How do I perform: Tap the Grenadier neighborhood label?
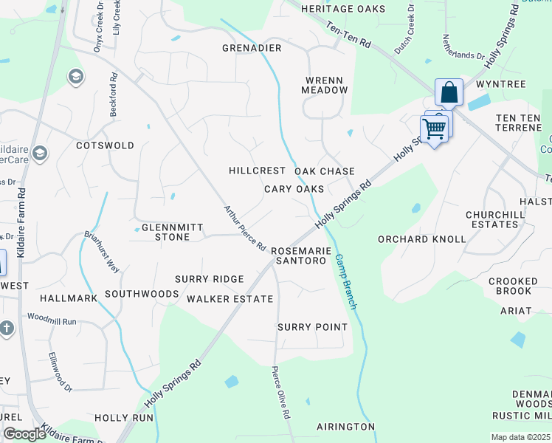[x=252, y=48]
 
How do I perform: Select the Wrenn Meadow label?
[x=324, y=84]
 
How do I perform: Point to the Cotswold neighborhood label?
[x=106, y=145]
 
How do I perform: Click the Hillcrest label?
[x=257, y=171]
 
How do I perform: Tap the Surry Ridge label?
[x=209, y=279]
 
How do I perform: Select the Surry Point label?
[x=312, y=327]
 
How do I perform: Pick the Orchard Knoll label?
[x=421, y=239]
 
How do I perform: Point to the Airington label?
[x=345, y=427]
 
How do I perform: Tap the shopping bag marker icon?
[x=449, y=94]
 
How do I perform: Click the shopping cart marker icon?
[x=435, y=128]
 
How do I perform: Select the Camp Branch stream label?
[x=346, y=282]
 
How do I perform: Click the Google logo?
[x=25, y=434]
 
